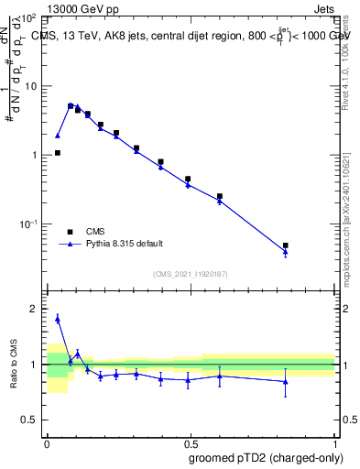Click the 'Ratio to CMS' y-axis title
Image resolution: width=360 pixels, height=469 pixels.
[x=14, y=363]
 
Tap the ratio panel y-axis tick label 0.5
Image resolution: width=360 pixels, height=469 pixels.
[x=33, y=420]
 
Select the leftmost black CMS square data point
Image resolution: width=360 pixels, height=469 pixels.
[x=58, y=153]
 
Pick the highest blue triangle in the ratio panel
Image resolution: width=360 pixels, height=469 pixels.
[x=58, y=319]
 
